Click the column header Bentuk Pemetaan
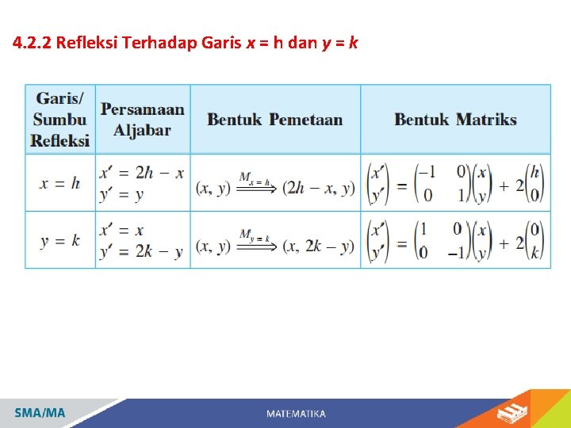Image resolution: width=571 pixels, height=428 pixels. pos(275,120)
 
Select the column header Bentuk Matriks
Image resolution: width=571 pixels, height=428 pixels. pos(455,120)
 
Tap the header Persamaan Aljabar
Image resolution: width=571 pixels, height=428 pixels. pos(143,120)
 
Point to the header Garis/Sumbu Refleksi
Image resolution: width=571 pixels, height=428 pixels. pos(60,120)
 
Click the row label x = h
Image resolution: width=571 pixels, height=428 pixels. pos(60,183)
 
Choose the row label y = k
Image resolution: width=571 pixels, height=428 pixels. pos(60,240)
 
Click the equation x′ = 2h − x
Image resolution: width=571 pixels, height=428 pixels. pos(142,173)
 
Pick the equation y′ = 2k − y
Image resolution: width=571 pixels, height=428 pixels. pos(142,251)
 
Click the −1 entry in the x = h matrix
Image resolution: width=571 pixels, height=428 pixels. pos(427,172)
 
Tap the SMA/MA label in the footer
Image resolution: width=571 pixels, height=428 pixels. pos(40,413)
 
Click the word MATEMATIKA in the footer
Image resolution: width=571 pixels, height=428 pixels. pos(296,414)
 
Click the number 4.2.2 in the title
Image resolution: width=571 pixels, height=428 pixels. pos(33,42)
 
